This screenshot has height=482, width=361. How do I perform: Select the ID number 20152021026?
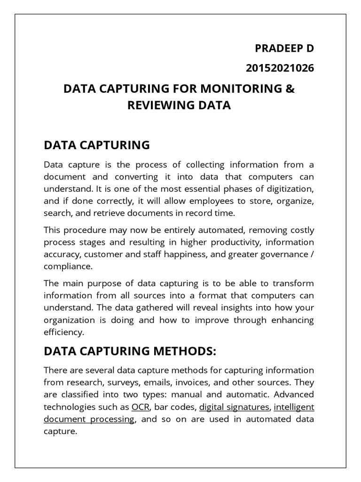[280, 68]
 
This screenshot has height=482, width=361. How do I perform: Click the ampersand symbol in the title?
[290, 88]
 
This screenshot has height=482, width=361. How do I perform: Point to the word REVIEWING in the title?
[157, 105]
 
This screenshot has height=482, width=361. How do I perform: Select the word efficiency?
[63, 332]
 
